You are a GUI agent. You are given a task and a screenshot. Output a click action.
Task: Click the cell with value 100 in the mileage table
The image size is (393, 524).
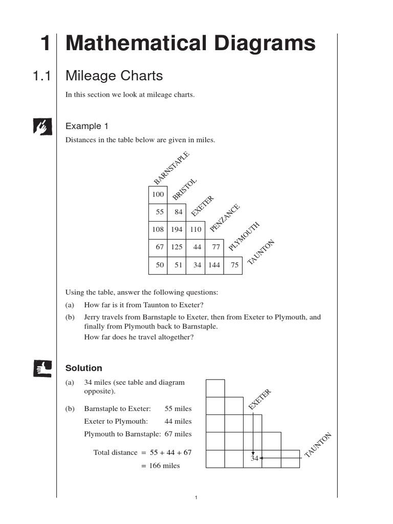click(158, 195)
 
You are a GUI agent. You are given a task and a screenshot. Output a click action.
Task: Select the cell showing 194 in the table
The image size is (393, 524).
click(177, 230)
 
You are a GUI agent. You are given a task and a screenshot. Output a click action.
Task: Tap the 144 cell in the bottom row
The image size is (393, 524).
click(214, 265)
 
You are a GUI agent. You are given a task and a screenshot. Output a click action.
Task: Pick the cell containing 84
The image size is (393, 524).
click(178, 212)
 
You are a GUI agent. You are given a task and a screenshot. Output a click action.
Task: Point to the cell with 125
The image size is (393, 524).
click(177, 247)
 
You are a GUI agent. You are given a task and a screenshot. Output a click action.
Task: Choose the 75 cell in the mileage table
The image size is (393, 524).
click(234, 265)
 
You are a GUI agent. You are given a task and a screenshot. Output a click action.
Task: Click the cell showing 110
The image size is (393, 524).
click(195, 230)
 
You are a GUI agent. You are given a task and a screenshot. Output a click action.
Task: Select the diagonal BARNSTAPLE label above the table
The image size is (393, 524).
click(171, 168)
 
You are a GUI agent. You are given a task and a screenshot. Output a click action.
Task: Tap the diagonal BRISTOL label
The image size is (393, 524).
click(185, 189)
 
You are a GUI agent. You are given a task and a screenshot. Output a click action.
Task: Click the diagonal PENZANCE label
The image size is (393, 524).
click(225, 218)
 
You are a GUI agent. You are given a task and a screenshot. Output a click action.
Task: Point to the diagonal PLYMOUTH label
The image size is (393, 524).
click(244, 236)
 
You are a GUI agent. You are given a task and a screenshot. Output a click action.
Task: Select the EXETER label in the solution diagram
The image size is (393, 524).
click(259, 400)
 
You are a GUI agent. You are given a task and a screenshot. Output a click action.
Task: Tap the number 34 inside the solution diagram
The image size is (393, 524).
click(254, 458)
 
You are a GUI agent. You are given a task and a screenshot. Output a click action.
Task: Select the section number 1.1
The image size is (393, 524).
click(41, 76)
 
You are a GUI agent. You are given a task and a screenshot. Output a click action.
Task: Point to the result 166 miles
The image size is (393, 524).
click(164, 466)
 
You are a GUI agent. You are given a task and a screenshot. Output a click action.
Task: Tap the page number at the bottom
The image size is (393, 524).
click(196, 498)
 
